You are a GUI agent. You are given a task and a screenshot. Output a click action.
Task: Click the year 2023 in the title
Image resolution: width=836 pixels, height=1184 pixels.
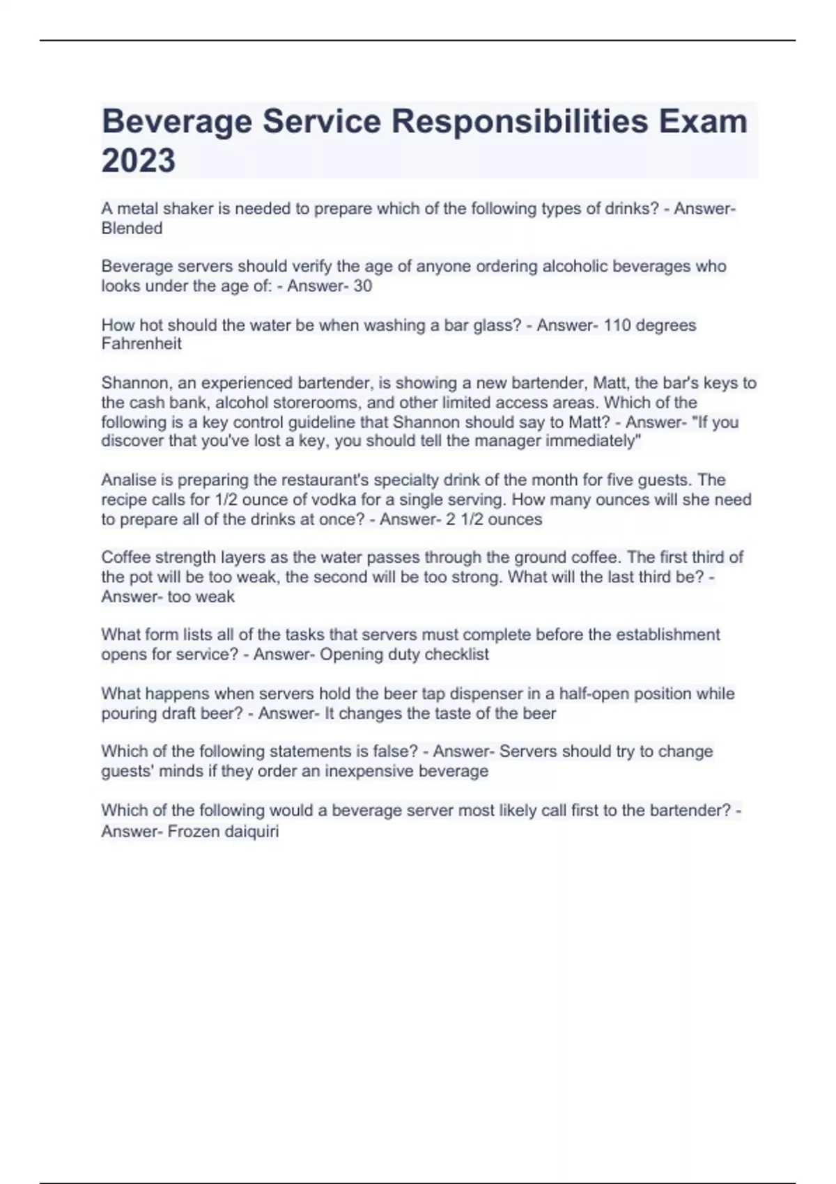(139, 160)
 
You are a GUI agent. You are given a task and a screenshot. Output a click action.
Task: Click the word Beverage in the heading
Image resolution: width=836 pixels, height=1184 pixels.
(176, 122)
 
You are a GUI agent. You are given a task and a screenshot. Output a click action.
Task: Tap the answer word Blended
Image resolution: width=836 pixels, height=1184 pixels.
(132, 228)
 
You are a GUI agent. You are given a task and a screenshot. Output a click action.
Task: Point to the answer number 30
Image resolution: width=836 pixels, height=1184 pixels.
(362, 286)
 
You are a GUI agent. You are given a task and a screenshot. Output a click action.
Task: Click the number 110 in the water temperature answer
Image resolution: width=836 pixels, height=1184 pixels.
(617, 325)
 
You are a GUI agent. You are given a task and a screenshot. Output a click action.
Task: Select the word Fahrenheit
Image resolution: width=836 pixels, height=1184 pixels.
(141, 344)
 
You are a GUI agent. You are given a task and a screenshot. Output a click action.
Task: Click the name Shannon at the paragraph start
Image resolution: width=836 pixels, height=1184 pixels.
(135, 383)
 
